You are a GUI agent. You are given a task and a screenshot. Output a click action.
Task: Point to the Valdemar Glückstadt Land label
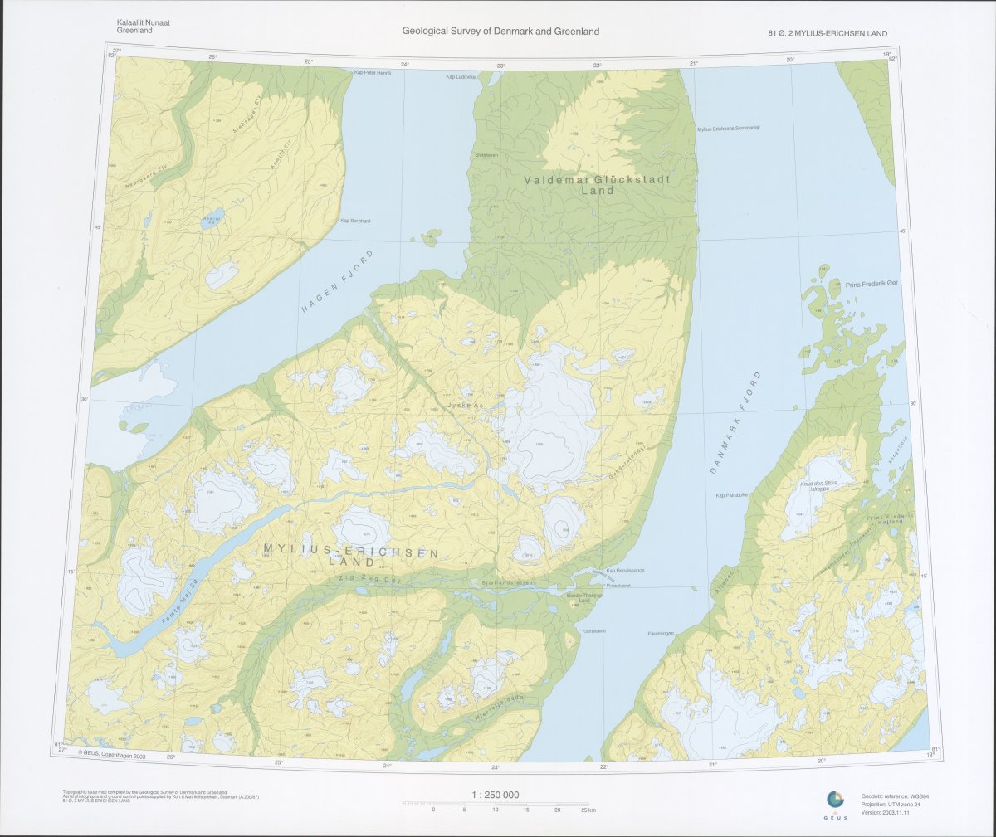[x=597, y=184]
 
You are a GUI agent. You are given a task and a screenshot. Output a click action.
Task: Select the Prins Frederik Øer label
[x=871, y=284]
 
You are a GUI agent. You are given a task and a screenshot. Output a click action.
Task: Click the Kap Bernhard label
[x=355, y=221]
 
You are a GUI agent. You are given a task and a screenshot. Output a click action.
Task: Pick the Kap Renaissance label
[x=626, y=571]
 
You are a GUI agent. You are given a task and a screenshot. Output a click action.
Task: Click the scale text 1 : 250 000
[x=496, y=795]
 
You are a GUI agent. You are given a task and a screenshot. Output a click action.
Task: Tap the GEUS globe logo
[x=834, y=800]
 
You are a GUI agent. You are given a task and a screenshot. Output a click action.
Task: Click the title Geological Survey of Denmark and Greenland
[x=500, y=32]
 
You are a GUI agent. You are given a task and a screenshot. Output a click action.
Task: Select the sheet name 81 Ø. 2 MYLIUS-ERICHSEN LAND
[x=828, y=33]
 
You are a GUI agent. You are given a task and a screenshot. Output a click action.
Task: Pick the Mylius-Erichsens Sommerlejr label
[x=729, y=129]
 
